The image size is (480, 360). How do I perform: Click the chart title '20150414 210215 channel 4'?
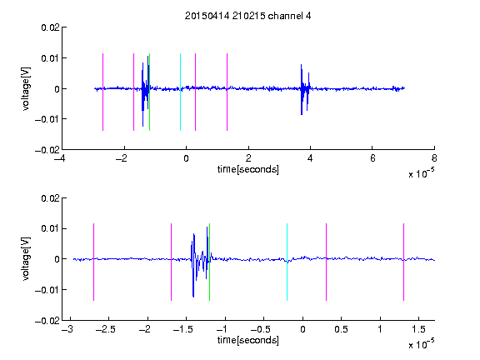248,16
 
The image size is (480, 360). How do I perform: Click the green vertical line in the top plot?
149,92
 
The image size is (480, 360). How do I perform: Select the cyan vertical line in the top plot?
180,92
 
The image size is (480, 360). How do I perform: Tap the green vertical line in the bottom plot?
209,262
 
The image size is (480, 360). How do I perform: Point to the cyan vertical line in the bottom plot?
287,262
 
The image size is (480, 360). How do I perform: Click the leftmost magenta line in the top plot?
102,92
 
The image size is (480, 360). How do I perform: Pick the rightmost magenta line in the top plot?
227,92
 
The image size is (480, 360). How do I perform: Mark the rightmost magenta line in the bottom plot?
403,262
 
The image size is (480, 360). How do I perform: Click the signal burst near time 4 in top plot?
305,89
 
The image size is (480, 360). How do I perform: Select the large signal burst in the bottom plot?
200,262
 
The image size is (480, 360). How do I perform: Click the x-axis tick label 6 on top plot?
372,158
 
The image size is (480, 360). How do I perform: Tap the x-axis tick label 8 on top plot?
434,158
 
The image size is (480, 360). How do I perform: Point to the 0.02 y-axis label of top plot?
50,27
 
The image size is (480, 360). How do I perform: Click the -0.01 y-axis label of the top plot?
47,119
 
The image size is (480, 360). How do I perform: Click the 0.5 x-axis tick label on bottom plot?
341,329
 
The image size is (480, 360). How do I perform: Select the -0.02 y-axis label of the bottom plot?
47,321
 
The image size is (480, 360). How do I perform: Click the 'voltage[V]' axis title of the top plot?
27,89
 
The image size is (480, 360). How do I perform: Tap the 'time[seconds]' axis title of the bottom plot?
248,340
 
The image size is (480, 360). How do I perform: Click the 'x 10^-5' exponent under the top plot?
421,173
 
